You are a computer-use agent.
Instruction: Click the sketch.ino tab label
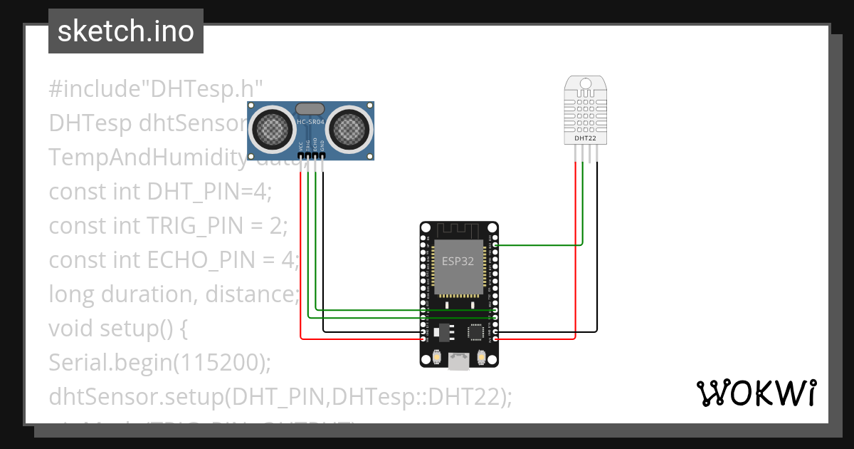tap(125, 31)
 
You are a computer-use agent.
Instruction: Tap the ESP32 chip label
tap(458, 261)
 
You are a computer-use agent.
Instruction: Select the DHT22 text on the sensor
tap(585, 138)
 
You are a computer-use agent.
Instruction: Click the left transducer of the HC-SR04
tap(273, 128)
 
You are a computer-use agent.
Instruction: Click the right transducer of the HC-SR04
tap(349, 128)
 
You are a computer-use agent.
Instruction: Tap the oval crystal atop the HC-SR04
tap(310, 108)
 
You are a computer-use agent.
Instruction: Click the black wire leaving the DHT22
tap(596, 249)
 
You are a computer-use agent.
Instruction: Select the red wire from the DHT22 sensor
tap(575, 249)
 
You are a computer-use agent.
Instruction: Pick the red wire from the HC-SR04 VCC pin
tap(300, 249)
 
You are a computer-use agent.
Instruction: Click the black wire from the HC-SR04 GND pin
tap(323, 249)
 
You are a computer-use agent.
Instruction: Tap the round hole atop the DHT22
tap(585, 84)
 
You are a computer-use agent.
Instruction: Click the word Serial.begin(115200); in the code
tap(160, 363)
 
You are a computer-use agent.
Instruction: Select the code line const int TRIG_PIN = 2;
tap(168, 226)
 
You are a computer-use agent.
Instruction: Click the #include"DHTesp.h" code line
tap(157, 89)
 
